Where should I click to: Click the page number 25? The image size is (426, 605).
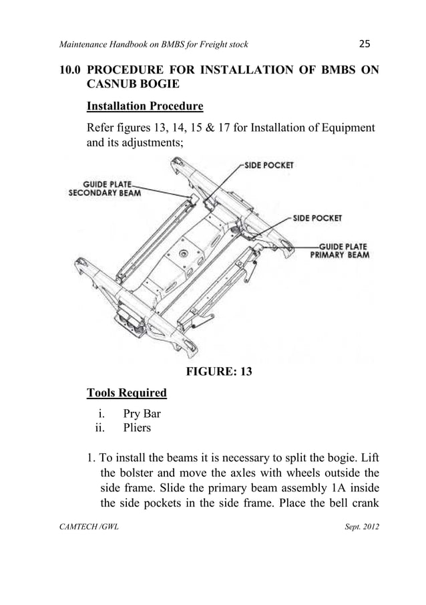click(364, 44)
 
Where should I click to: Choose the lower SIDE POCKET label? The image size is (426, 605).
click(318, 218)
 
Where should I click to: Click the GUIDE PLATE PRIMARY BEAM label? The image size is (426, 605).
click(339, 251)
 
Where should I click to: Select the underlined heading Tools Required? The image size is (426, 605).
click(127, 392)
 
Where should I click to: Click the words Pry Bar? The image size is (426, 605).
click(142, 414)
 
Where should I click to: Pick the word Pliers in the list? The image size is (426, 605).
click(137, 427)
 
